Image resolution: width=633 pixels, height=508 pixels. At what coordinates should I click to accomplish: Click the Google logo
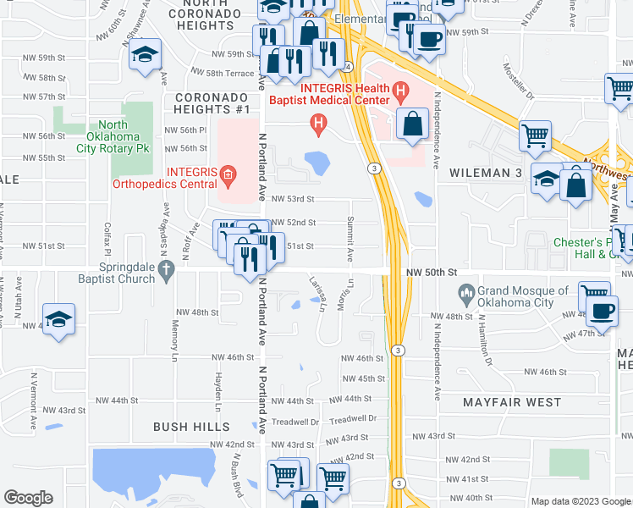click(x=28, y=498)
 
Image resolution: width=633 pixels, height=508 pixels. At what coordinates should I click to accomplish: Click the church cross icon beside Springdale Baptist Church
click(x=167, y=273)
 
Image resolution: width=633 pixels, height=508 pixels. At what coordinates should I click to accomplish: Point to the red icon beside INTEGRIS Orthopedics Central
click(x=227, y=176)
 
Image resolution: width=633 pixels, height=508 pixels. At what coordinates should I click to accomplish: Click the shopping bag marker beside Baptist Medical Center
click(x=412, y=125)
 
